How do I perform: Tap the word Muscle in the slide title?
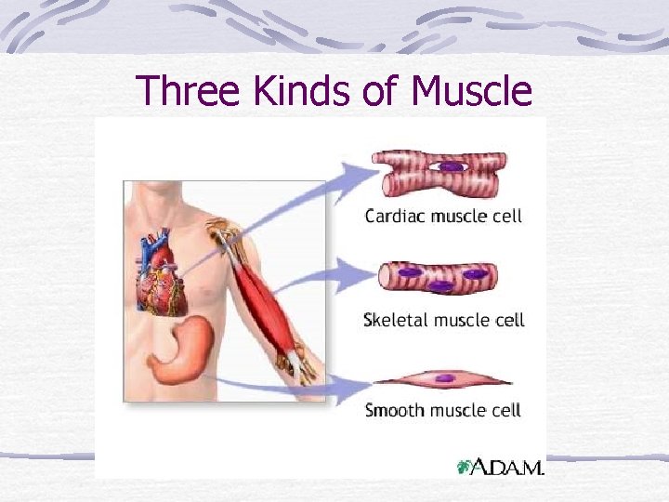[x=471, y=91]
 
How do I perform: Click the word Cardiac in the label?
[x=395, y=216]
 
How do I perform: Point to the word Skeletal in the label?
[x=397, y=320]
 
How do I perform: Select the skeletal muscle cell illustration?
[x=438, y=277]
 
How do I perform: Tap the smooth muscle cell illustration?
[x=443, y=379]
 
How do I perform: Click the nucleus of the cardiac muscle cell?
[x=452, y=166]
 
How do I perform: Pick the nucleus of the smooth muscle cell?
[x=446, y=378]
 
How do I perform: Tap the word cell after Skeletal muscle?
[x=508, y=320]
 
